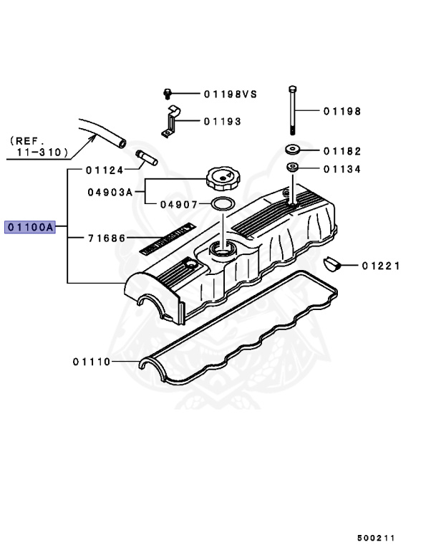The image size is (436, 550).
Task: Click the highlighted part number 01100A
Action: click(30, 228)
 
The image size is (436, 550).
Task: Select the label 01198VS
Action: click(229, 94)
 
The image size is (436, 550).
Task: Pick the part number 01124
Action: click(105, 170)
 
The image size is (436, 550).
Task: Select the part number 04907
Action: click(178, 204)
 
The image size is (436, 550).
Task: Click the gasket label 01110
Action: click(92, 362)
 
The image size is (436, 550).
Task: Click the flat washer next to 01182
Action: click(292, 150)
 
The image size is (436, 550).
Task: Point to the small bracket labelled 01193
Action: click(172, 120)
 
